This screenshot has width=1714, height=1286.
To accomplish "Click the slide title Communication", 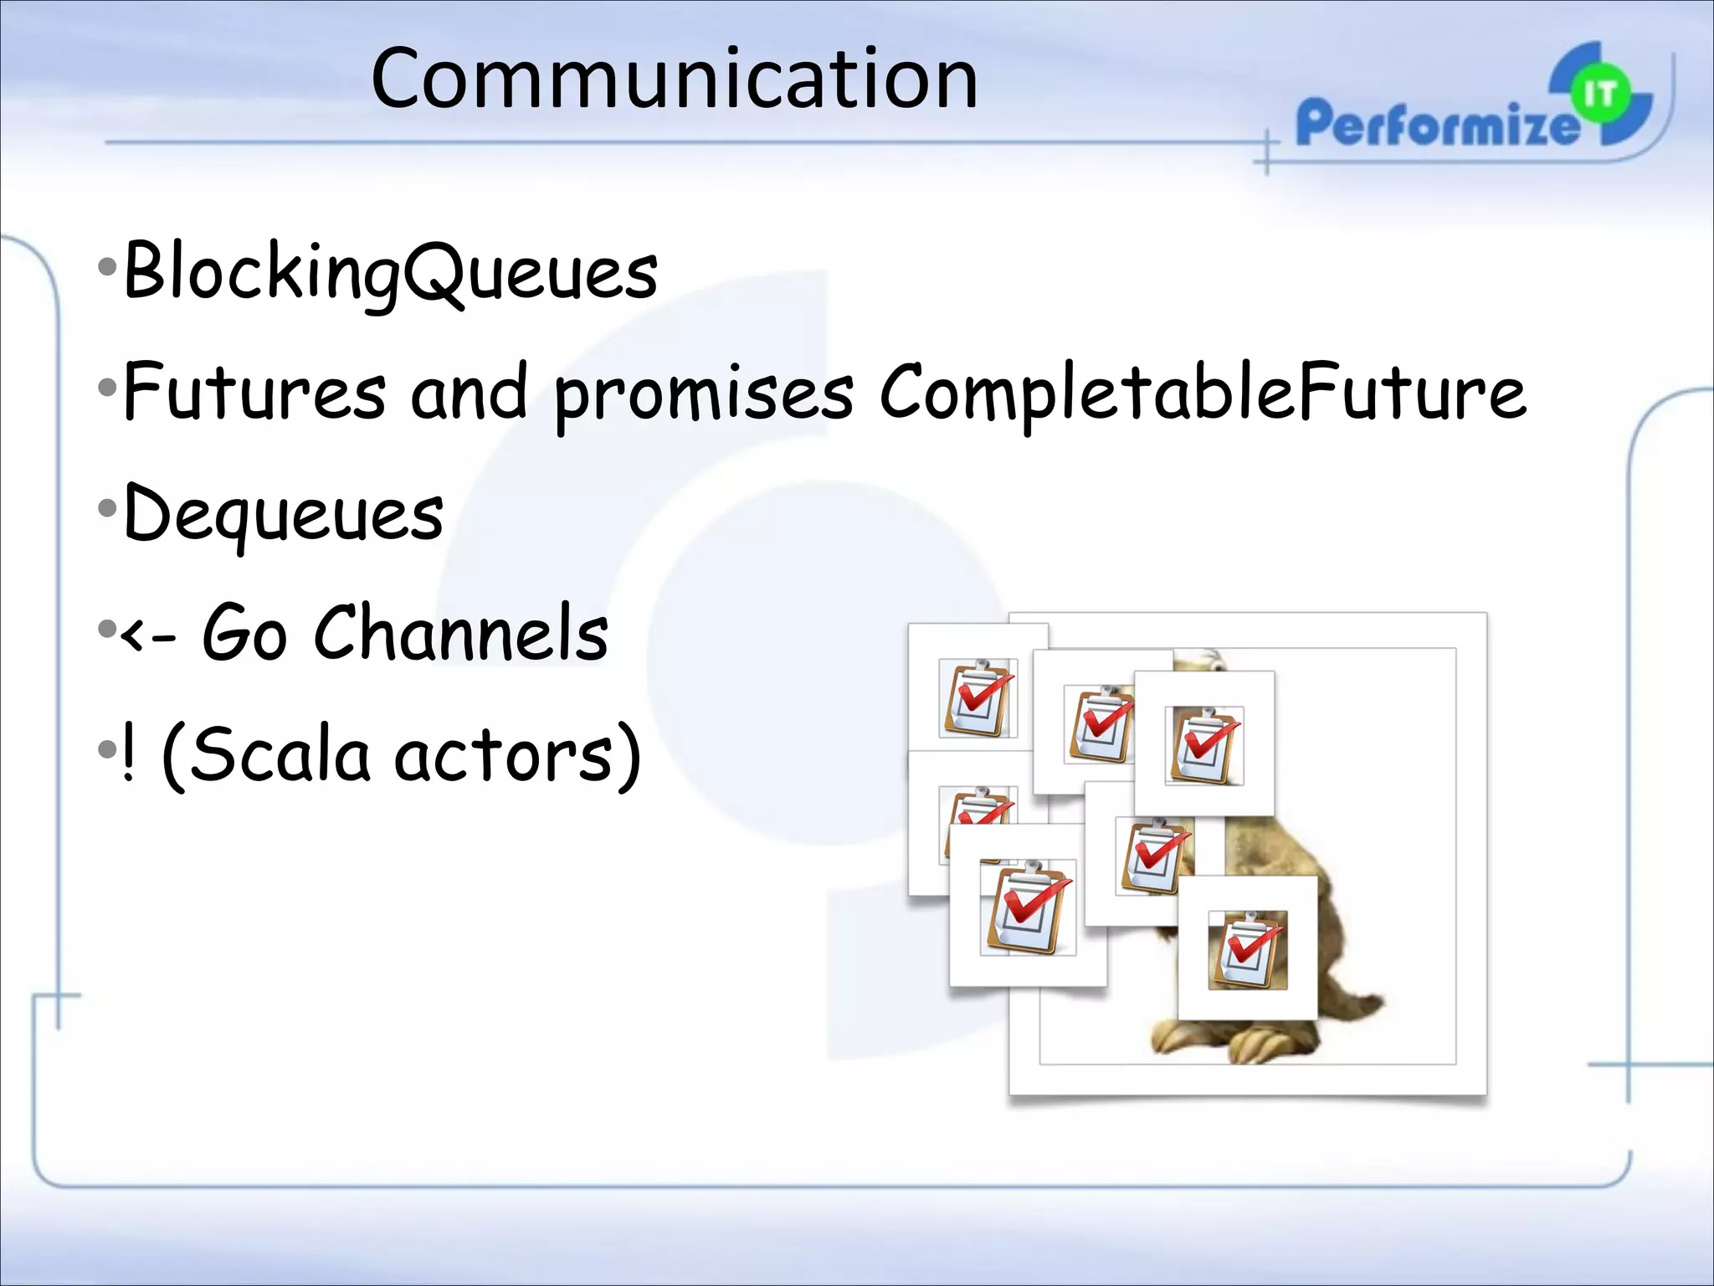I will point(674,80).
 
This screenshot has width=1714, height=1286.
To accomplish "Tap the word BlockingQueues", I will point(391,272).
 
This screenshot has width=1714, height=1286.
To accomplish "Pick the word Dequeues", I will point(283,514).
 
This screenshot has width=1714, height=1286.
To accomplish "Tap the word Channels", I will point(461,634).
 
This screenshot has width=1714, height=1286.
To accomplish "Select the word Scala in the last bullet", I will point(266,754).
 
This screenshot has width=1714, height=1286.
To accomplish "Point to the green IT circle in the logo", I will point(1600,95).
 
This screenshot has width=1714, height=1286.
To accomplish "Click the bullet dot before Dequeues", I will point(106,508).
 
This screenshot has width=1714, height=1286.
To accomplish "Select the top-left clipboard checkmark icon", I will point(978,698).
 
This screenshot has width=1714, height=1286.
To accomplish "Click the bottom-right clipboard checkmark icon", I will point(1248,950).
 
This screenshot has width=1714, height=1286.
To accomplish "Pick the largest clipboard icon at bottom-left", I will point(1027,908).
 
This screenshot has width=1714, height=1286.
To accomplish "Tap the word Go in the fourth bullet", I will point(244,634).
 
